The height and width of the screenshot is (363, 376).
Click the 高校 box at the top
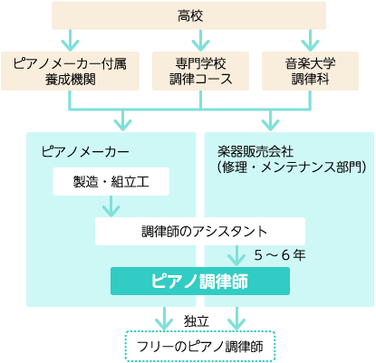(188, 15)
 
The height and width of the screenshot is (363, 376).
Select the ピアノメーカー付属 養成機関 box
(70, 71)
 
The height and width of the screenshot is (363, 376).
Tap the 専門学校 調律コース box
(200, 71)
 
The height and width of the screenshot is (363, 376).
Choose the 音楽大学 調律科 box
(310, 71)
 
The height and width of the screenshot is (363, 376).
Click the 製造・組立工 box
(111, 182)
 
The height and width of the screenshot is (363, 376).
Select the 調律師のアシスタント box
(200, 231)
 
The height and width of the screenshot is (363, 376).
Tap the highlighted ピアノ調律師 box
(200, 281)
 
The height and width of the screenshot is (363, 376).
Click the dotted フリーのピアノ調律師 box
(200, 346)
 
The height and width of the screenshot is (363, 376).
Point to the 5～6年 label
(280, 255)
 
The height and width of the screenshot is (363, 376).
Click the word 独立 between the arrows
(197, 321)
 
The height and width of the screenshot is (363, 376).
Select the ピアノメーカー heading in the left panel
(85, 151)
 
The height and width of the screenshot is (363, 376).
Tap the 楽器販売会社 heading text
(255, 151)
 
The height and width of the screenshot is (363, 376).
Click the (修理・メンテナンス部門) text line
(292, 167)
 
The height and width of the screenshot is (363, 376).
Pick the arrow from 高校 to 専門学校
(200, 41)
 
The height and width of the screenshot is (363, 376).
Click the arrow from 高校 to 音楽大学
(310, 41)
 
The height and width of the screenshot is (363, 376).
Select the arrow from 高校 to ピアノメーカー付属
(70, 41)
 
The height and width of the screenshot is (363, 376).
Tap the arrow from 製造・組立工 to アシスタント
(111, 206)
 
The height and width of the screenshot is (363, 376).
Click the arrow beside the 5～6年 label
(236, 256)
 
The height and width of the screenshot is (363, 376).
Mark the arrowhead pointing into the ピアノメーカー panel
(122, 125)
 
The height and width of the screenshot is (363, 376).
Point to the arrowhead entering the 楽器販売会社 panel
(270, 125)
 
